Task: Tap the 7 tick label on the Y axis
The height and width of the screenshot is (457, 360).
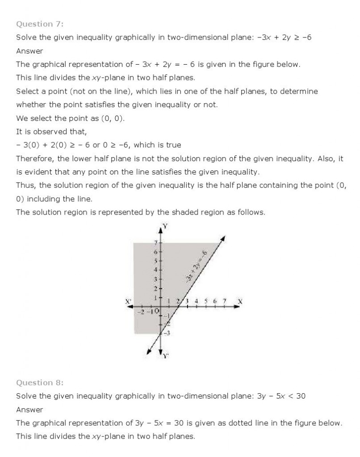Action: [155, 243]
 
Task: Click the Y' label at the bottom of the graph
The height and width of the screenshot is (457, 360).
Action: [166, 356]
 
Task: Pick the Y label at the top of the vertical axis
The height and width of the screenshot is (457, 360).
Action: [165, 226]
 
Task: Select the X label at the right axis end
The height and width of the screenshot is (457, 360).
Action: [240, 302]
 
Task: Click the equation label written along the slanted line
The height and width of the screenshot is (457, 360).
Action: [197, 267]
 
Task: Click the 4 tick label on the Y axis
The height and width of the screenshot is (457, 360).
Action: [155, 270]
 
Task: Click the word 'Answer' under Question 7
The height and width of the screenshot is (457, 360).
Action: [29, 51]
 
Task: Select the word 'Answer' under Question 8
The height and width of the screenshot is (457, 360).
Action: [29, 409]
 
